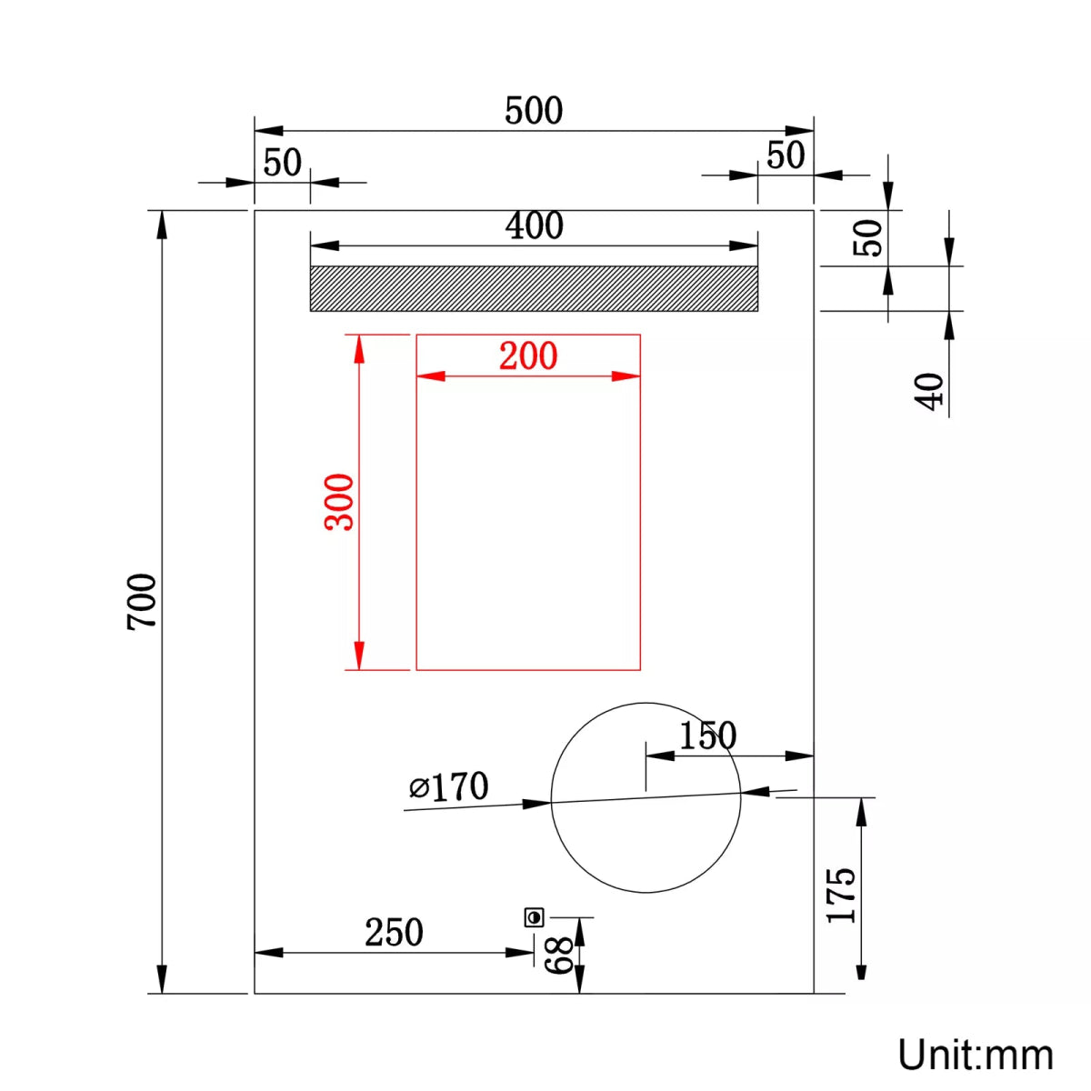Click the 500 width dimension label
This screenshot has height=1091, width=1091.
534,111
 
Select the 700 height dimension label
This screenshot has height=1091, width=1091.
142,601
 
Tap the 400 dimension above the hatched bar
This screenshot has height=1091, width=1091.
534,225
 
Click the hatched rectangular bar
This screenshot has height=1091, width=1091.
534,288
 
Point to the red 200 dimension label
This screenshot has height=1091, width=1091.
528,355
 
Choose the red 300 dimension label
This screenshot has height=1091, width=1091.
340,502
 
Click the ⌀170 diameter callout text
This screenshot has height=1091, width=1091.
449,787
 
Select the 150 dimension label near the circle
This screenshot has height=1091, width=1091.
707,736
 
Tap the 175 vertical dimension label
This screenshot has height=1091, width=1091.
842,896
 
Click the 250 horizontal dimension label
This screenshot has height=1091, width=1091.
394,933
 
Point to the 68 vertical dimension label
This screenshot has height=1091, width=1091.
560,956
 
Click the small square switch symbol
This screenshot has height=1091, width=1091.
534,917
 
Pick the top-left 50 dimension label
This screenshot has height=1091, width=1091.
282,163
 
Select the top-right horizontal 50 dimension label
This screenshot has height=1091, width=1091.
786,155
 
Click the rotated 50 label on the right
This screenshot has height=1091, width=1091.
871,238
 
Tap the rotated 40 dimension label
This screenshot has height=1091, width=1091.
930,392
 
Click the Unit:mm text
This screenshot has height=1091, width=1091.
976,1056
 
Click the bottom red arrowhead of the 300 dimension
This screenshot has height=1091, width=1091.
359,656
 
